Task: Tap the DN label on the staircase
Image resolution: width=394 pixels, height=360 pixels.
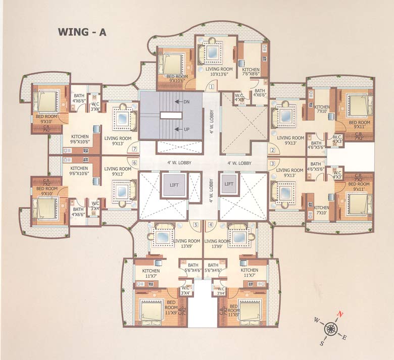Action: pos(186,102)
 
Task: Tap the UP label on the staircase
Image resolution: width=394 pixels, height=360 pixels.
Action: pos(186,129)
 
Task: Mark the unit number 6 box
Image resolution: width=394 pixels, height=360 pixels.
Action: pos(134,163)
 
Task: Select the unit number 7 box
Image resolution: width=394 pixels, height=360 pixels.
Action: pos(134,149)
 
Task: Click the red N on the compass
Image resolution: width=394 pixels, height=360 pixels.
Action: pos(341,314)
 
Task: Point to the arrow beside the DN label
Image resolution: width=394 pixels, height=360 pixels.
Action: pos(177,102)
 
